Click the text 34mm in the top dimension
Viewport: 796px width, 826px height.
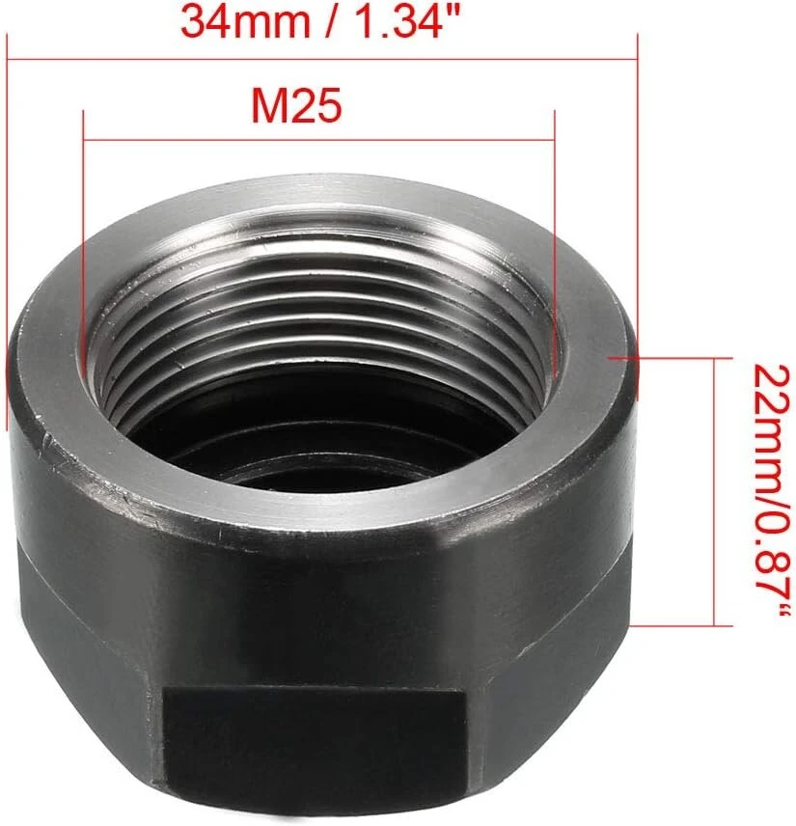click(245, 21)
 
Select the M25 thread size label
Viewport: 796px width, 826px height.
click(296, 105)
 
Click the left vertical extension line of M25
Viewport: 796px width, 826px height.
click(84, 237)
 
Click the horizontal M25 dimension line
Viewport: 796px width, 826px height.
click(319, 140)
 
